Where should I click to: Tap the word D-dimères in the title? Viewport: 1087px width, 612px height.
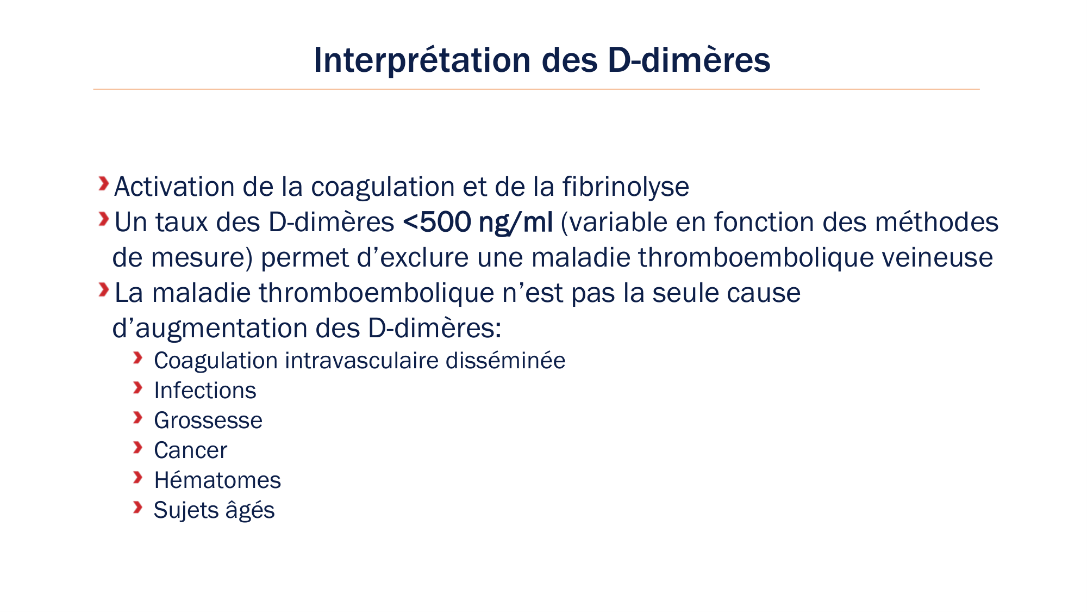pyautogui.click(x=689, y=60)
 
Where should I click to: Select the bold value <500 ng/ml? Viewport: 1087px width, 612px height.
pyautogui.click(x=478, y=222)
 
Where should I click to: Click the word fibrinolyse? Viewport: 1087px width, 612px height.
pyautogui.click(x=626, y=187)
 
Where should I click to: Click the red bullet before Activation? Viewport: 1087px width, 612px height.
pyautogui.click(x=103, y=184)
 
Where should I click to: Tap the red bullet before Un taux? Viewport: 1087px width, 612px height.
pyautogui.click(x=103, y=219)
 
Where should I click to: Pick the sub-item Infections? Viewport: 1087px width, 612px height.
pyautogui.click(x=205, y=391)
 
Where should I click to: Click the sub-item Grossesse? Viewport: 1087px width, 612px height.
pyautogui.click(x=208, y=421)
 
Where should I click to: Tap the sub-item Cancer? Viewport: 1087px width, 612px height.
pyautogui.click(x=190, y=450)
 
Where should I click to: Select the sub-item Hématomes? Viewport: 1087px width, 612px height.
pyautogui.click(x=217, y=480)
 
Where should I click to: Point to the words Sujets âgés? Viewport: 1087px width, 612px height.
pyautogui.click(x=214, y=510)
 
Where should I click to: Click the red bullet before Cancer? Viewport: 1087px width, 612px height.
pyautogui.click(x=138, y=448)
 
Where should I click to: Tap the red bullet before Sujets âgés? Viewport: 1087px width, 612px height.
pyautogui.click(x=138, y=508)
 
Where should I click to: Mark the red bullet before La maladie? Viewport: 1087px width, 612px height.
pyautogui.click(x=103, y=290)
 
